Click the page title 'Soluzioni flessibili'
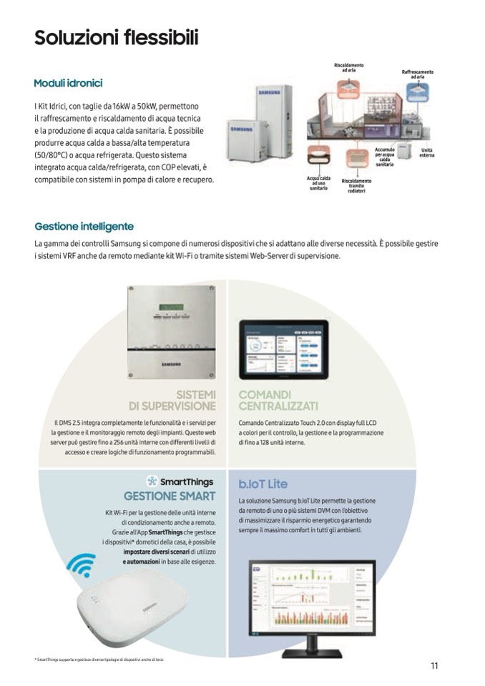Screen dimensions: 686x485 116,37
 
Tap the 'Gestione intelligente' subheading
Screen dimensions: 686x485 84,227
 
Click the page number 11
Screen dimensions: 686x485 433,666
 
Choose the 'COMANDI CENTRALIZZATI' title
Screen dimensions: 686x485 265,400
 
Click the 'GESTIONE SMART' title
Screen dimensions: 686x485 170,496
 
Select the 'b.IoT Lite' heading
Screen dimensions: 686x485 263,484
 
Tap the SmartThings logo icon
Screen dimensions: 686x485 152,481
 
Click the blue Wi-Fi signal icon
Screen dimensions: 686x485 80,564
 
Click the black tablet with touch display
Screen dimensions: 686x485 283,350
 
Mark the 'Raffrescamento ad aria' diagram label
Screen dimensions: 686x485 417,74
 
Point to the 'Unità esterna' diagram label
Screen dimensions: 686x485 426,153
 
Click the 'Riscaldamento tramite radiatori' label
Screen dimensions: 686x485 356,186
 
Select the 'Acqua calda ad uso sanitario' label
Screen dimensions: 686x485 318,183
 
